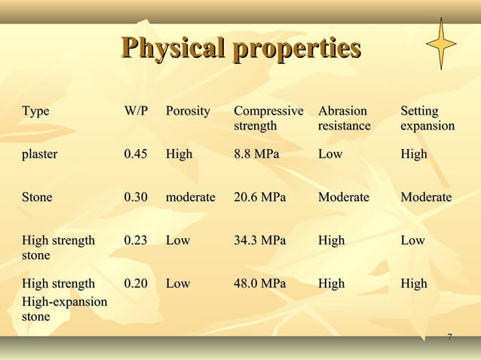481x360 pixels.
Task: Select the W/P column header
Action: (x=136, y=111)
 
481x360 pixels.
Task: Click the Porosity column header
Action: (x=188, y=111)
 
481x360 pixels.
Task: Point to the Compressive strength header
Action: (x=268, y=118)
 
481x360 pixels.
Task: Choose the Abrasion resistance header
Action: (x=345, y=118)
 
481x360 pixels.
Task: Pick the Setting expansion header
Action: (x=427, y=118)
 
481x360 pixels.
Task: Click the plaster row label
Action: (x=39, y=154)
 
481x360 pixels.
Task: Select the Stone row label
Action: (x=37, y=197)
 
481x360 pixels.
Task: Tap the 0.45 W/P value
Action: (x=136, y=154)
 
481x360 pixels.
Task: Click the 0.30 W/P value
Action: (x=136, y=197)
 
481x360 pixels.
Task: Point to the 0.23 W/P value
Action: (x=136, y=240)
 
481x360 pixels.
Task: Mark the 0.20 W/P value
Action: (x=136, y=284)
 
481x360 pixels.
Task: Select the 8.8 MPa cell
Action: (x=256, y=154)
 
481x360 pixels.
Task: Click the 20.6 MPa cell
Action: (x=260, y=197)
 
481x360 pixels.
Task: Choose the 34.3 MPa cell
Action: (x=260, y=240)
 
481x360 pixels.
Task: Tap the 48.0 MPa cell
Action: (x=260, y=284)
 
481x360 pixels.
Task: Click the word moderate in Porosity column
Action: (x=191, y=197)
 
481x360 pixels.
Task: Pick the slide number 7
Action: (x=450, y=337)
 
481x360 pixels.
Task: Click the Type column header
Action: (x=35, y=111)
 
